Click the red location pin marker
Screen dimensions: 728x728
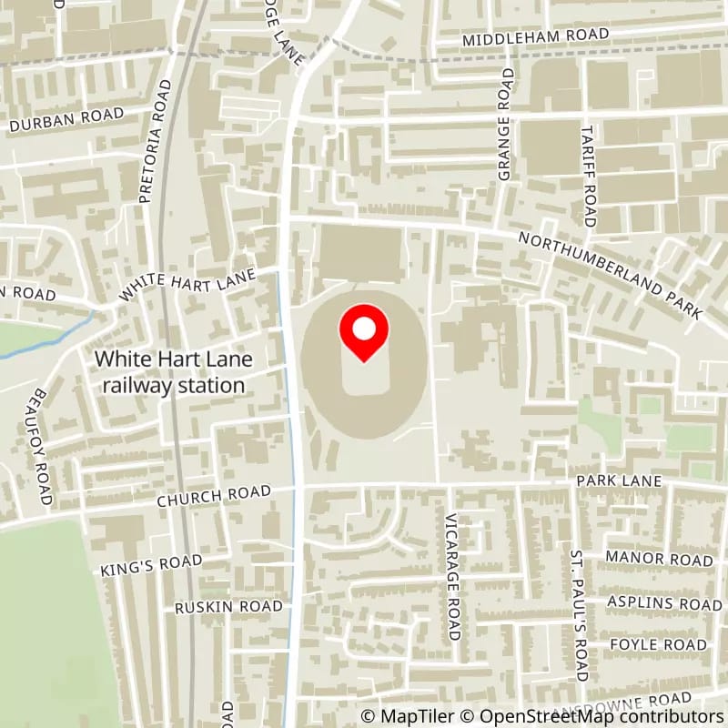tap(364, 332)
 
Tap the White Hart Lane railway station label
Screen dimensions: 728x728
tap(173, 372)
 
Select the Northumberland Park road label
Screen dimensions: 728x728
tap(610, 275)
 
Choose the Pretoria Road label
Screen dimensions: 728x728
tap(154, 140)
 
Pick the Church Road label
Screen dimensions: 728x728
tap(214, 496)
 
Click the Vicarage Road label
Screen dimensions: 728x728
tap(452, 575)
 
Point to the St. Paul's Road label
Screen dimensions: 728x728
tap(578, 614)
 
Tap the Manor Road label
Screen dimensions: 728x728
tap(659, 559)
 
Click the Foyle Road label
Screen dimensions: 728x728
tap(659, 644)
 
